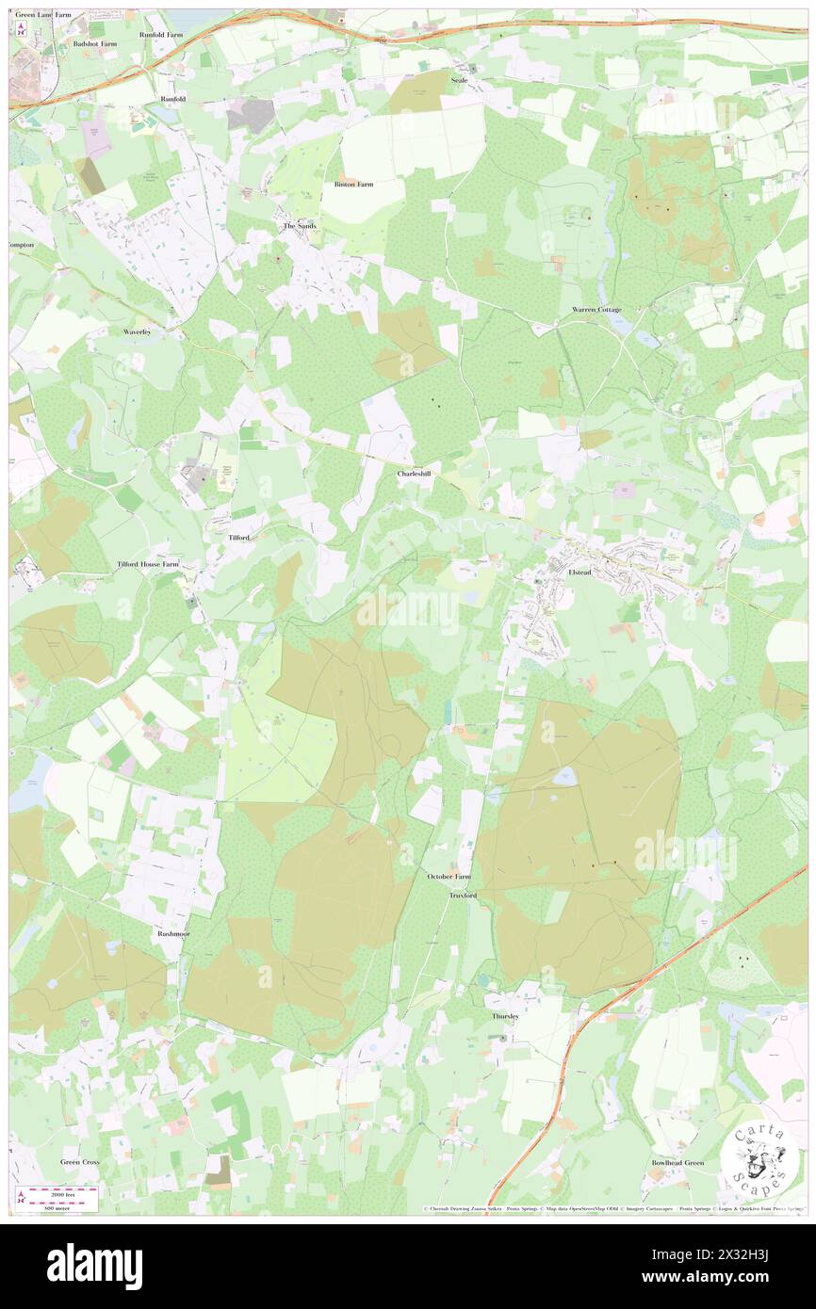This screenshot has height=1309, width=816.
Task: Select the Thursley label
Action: click(505, 1017)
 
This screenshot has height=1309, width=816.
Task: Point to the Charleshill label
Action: click(414, 474)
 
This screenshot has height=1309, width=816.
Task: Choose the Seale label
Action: click(459, 81)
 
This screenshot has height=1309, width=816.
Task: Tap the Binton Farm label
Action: click(353, 185)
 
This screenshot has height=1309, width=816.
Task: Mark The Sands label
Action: click(300, 227)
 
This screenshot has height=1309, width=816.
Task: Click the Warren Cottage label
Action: click(596, 310)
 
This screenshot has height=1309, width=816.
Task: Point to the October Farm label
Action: click(449, 877)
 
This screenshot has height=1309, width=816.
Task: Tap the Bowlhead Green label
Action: click(677, 1163)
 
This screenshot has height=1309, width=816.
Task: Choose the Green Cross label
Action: click(80, 1162)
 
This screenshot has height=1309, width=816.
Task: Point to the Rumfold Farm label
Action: click(161, 34)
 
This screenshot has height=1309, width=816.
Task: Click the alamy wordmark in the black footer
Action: click(94, 1266)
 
